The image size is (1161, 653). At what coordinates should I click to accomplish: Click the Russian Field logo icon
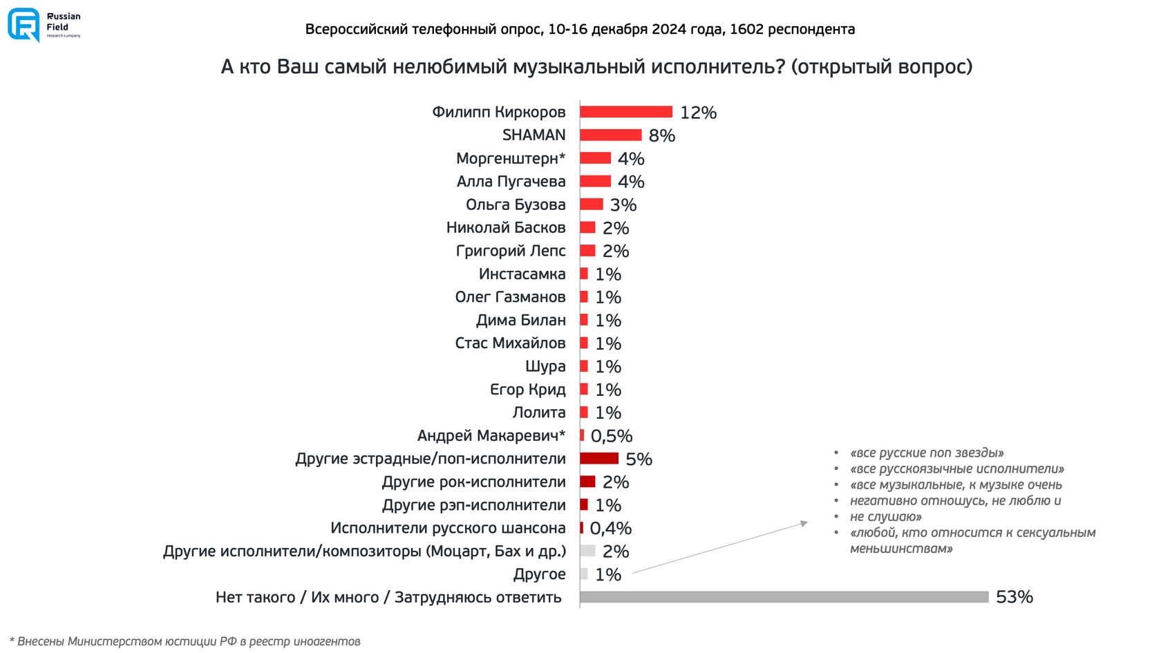tap(23, 25)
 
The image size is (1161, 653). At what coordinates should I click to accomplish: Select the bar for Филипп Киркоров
tap(625, 112)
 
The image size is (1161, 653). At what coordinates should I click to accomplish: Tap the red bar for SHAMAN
tap(610, 135)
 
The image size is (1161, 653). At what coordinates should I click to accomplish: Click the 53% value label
tap(1014, 597)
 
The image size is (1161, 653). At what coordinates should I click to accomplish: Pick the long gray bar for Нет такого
tap(784, 597)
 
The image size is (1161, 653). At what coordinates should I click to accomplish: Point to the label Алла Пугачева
tap(511, 182)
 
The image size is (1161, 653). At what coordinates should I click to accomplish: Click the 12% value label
tap(698, 113)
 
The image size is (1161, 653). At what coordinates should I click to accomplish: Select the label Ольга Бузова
tap(516, 205)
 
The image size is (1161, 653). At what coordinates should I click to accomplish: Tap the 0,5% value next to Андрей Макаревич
tap(611, 436)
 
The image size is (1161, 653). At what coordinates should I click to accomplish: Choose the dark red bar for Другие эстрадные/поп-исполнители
tap(598, 459)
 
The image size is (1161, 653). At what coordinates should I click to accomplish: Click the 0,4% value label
tap(610, 529)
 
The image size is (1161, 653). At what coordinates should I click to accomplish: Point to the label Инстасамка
tap(522, 274)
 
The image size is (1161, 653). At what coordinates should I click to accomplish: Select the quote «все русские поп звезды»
tap(927, 453)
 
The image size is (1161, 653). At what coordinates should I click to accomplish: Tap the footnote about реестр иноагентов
tap(185, 641)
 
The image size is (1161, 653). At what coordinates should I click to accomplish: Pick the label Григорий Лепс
tap(510, 251)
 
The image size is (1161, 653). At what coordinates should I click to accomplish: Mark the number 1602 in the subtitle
tap(746, 29)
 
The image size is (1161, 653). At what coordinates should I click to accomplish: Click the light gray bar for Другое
tap(584, 574)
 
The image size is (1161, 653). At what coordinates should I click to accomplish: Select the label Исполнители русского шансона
tap(447, 529)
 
